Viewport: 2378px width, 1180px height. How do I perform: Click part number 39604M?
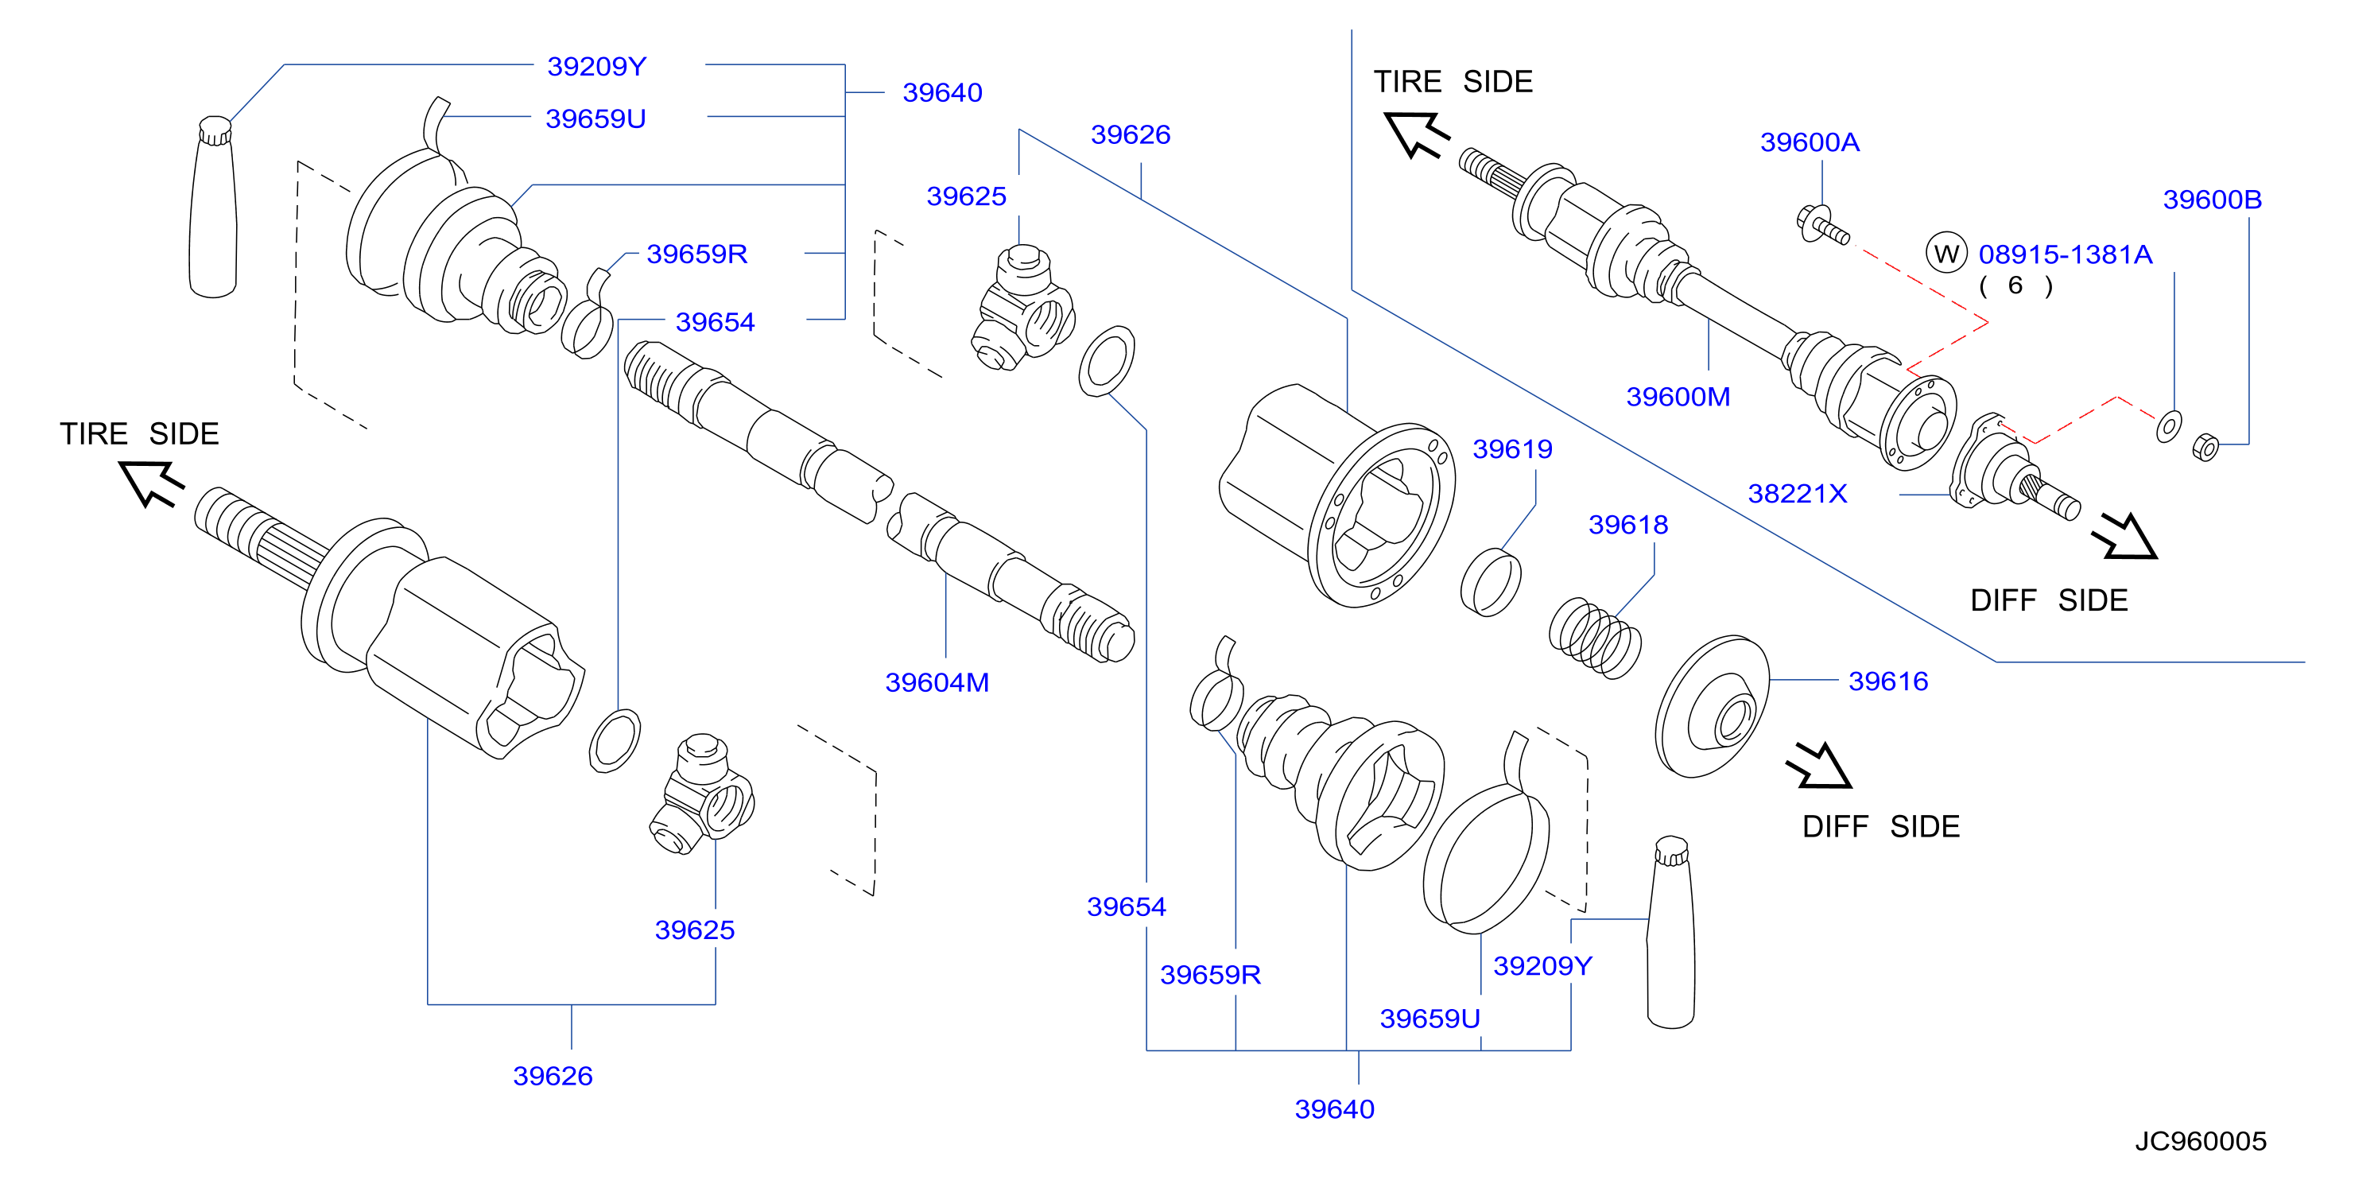(937, 682)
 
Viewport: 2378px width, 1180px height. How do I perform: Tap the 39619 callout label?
(1512, 448)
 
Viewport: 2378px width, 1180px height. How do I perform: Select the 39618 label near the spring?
(1628, 525)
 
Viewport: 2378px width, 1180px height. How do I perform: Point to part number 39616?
(1887, 681)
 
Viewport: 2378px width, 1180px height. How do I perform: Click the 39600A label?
(1810, 142)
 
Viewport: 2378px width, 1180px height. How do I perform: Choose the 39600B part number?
(2212, 200)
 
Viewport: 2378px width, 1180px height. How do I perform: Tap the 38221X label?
(1798, 493)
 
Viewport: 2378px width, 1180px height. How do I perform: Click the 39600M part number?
(1678, 396)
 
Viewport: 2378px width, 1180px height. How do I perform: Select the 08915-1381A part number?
(2065, 254)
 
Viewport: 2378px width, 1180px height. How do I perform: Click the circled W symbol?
(1947, 253)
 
